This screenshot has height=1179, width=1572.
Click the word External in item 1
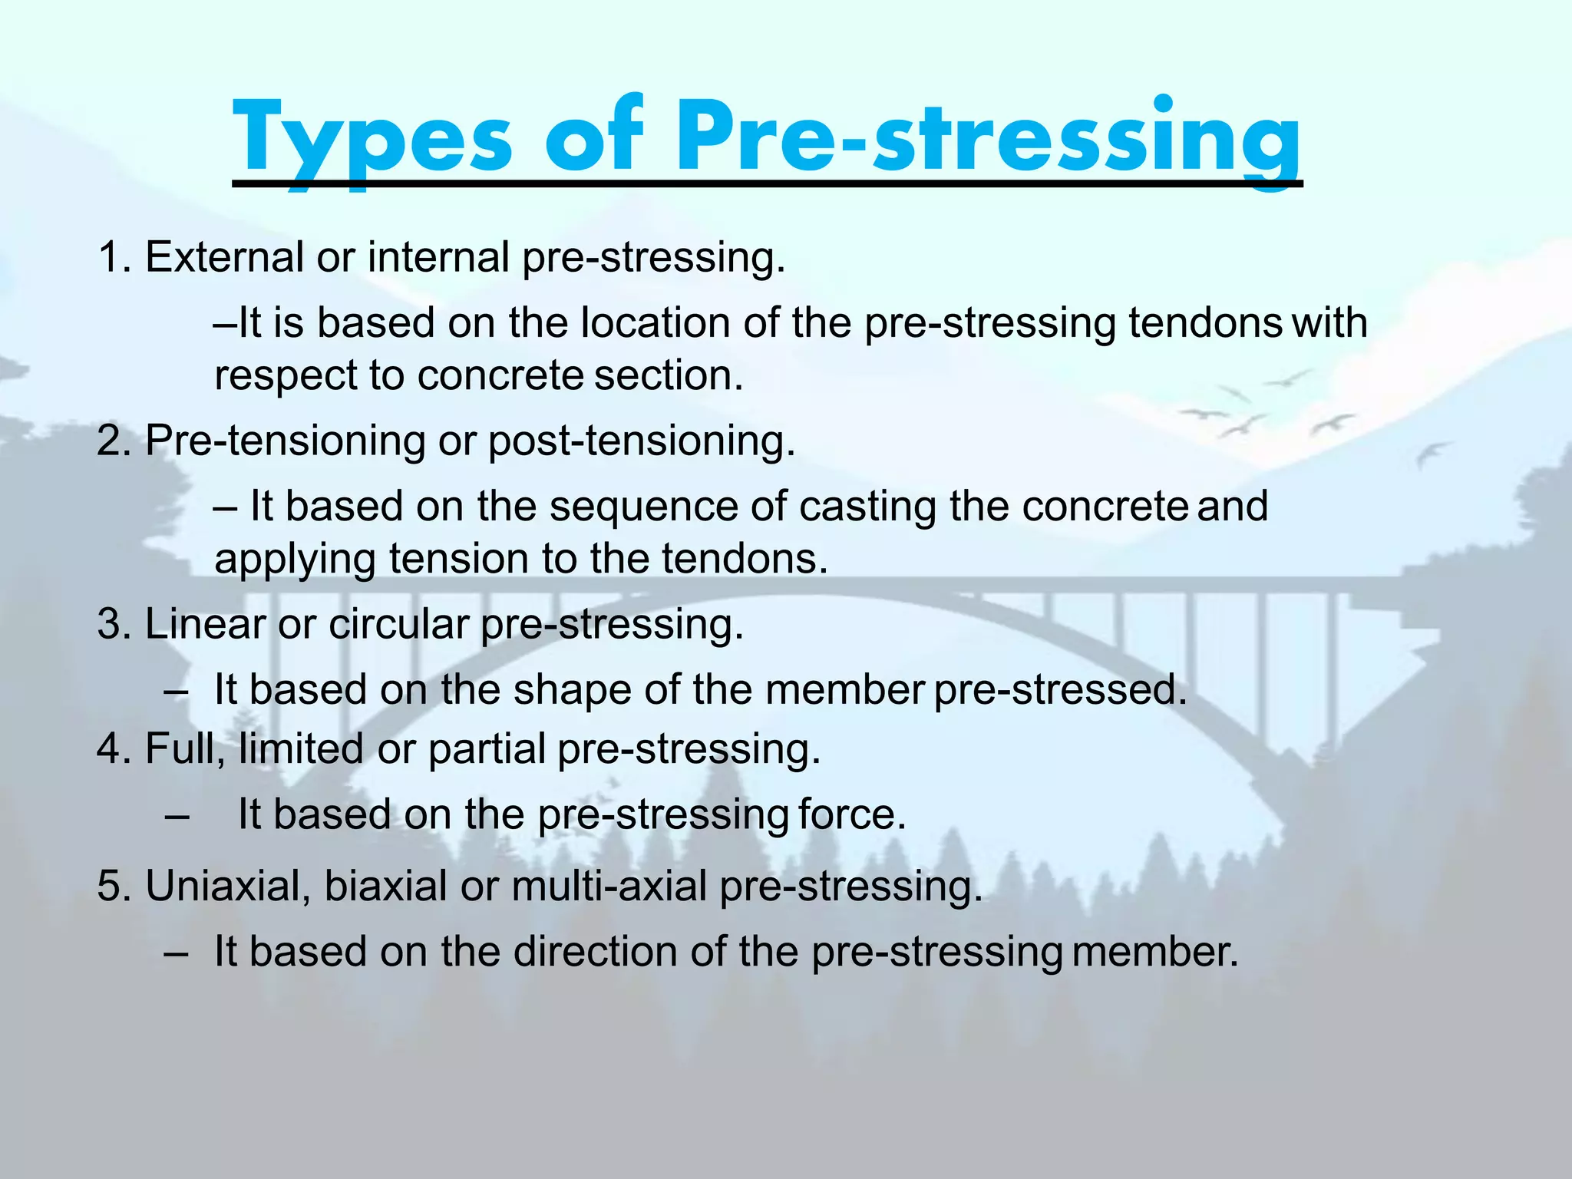pos(224,256)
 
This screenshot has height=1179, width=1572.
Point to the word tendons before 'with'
pos(1205,322)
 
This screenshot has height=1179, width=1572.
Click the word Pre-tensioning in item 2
pos(285,441)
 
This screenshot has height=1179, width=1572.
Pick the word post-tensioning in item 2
pos(641,441)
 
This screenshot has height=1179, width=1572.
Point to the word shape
pos(572,689)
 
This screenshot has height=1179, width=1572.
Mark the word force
pos(852,814)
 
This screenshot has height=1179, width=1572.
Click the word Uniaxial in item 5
pos(228,887)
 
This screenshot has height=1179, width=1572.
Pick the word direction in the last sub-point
pos(594,952)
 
